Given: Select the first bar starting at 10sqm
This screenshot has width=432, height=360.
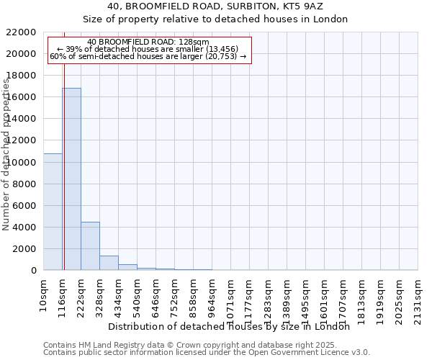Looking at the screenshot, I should [53, 212].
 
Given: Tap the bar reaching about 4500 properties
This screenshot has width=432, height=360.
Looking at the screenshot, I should [90, 246].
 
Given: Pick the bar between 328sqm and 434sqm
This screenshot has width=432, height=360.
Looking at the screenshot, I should [109, 263].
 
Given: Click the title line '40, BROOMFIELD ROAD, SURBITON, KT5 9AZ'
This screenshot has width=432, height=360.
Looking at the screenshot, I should [215, 6].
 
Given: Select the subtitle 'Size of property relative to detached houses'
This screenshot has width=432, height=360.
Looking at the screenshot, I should [215, 19].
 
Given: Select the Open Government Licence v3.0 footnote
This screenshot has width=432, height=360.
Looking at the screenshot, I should [207, 352].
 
